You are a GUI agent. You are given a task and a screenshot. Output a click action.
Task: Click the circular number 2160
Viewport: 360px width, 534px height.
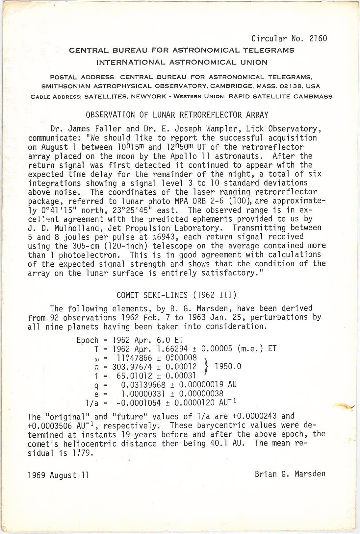point(318,39)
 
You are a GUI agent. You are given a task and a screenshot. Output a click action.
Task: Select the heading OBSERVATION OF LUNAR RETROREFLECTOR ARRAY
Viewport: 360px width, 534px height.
point(177,115)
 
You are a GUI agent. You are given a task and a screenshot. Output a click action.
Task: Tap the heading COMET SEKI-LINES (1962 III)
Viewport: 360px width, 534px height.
point(176,295)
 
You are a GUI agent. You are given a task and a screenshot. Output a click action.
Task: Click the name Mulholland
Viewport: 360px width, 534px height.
point(59,228)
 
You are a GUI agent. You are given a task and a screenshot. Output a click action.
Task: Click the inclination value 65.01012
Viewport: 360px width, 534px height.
point(134,376)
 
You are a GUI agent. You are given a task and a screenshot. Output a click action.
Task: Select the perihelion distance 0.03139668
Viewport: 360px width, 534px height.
point(143,385)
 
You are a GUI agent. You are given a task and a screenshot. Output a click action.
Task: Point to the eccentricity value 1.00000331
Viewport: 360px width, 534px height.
point(143,394)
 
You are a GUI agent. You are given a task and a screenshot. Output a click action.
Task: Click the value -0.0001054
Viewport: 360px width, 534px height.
point(139,403)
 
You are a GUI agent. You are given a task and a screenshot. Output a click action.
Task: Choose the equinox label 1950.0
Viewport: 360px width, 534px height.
point(228,366)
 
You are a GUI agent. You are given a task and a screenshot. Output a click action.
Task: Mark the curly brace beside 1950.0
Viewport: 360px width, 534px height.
point(206,366)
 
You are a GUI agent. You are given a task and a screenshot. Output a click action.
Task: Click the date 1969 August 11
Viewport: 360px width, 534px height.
point(58,475)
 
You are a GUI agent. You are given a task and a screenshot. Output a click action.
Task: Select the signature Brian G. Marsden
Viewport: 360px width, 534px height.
point(290,474)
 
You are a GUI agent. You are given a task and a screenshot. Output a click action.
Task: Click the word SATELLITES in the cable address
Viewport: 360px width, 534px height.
point(105,97)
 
